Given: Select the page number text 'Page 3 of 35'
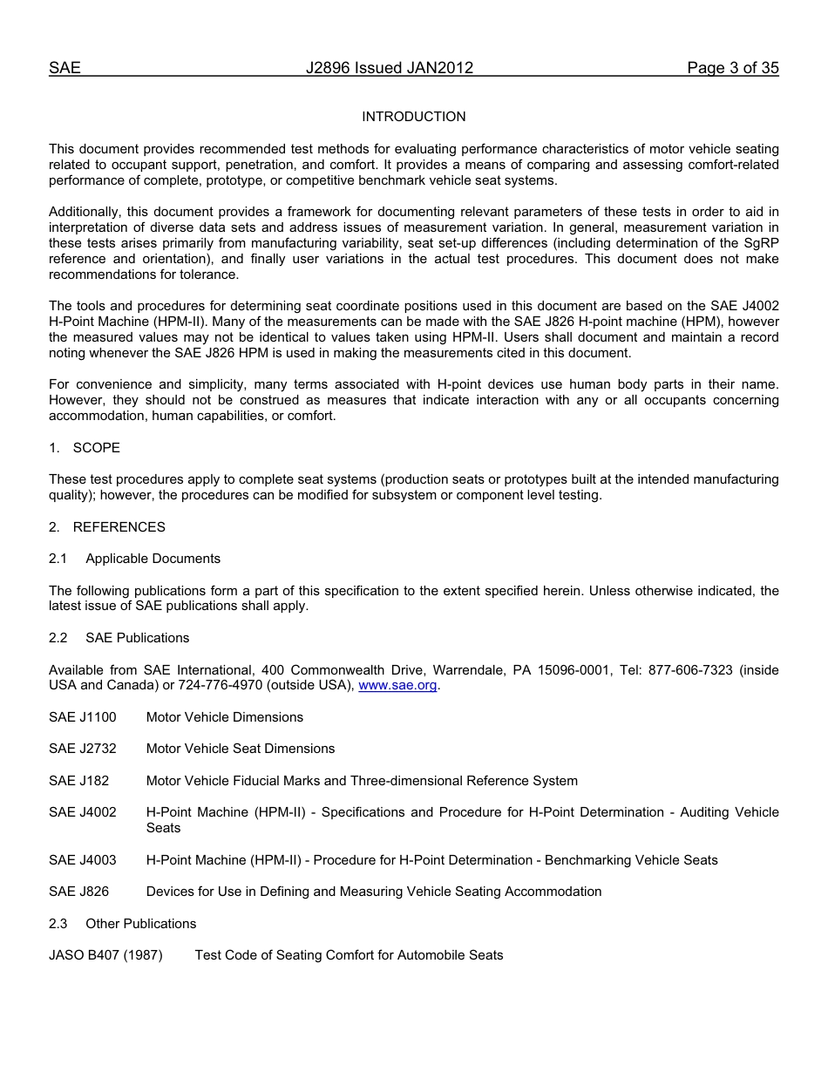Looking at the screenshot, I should pyautogui.click(x=732, y=68).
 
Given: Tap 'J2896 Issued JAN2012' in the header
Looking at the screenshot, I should pyautogui.click(x=390, y=68).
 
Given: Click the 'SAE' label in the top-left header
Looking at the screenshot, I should pyautogui.click(x=64, y=68).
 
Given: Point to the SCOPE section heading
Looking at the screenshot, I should pyautogui.click(x=96, y=448).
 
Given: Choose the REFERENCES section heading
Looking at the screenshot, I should pyautogui.click(x=119, y=527).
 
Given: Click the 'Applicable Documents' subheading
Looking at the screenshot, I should pyautogui.click(x=153, y=559).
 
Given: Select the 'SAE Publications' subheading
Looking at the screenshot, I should pyautogui.click(x=137, y=638).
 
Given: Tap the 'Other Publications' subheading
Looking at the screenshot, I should pyautogui.click(x=140, y=924).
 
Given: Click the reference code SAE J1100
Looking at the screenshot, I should pyautogui.click(x=83, y=717).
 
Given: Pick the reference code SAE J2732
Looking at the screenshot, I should pyautogui.click(x=83, y=749).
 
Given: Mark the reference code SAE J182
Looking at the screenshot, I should pyautogui.click(x=79, y=781).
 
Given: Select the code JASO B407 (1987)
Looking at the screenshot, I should pyautogui.click(x=105, y=955).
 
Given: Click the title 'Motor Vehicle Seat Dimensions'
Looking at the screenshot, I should pyautogui.click(x=241, y=749).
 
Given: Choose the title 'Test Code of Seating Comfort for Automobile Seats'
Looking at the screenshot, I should pyautogui.click(x=349, y=955).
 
